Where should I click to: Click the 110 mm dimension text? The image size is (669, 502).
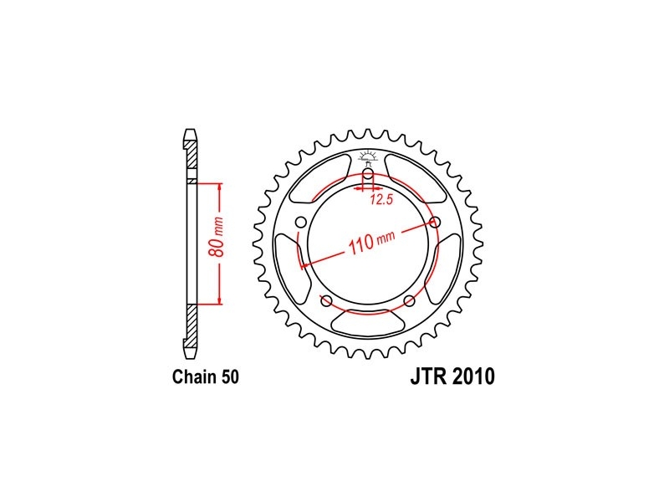pos(371,243)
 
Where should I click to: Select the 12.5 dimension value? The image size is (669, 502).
pos(381,199)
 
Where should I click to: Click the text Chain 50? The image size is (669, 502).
pos(206,377)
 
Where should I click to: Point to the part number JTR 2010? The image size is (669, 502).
pos(452,376)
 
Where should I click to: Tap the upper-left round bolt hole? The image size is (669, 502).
pos(302,223)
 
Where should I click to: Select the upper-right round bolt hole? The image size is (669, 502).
pos(434,222)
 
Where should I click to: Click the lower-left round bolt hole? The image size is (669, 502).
pos(326,300)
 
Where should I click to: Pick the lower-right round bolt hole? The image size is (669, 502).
pos(409,300)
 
